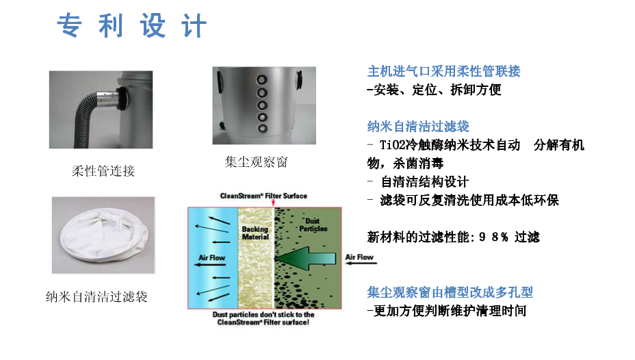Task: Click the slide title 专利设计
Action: pyautogui.click(x=132, y=25)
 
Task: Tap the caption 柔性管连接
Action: pyautogui.click(x=103, y=171)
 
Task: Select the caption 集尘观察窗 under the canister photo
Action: pyautogui.click(x=256, y=162)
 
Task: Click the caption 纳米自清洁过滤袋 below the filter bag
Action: pyautogui.click(x=96, y=297)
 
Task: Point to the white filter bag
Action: pyautogui.click(x=103, y=237)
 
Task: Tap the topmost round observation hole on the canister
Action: pyautogui.click(x=262, y=79)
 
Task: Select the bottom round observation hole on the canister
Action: pyautogui.click(x=263, y=129)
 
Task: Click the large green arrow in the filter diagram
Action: pyautogui.click(x=306, y=258)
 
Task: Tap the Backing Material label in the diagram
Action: pyautogui.click(x=255, y=233)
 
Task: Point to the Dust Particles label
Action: pyautogui.click(x=313, y=224)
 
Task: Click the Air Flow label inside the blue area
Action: pyautogui.click(x=211, y=257)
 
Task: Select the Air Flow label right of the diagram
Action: pyautogui.click(x=359, y=257)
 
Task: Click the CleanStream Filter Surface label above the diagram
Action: pyautogui.click(x=263, y=196)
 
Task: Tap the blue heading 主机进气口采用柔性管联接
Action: pyautogui.click(x=444, y=71)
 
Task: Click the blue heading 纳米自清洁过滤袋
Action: pyautogui.click(x=418, y=127)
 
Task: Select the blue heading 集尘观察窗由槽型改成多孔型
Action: pyautogui.click(x=450, y=292)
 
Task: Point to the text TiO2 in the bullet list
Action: pyautogui.click(x=392, y=145)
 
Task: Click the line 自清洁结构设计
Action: pyautogui.click(x=424, y=182)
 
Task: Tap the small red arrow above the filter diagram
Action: pyautogui.click(x=273, y=202)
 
